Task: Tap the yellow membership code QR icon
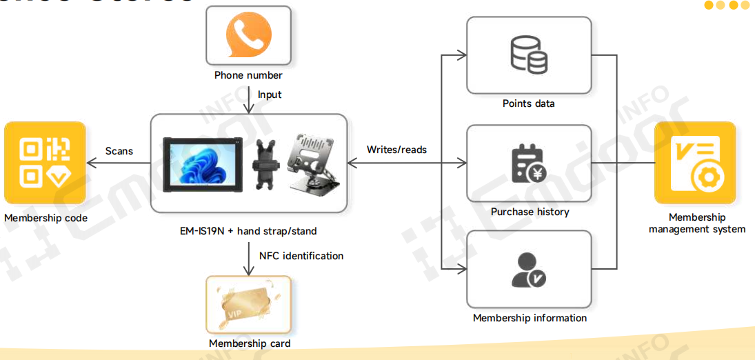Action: tap(45, 163)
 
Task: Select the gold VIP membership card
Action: tap(248, 305)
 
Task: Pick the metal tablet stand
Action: tap(313, 163)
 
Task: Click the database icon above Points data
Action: tap(529, 55)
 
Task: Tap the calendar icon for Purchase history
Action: tap(529, 163)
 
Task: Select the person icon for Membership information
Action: tap(529, 270)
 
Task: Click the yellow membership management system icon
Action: tap(695, 163)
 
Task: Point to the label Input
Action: tap(270, 94)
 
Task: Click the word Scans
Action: tap(119, 150)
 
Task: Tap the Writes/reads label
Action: tap(396, 150)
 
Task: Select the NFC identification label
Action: tap(301, 256)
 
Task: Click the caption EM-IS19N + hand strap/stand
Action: tap(248, 231)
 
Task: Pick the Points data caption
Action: tap(528, 103)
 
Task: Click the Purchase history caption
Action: tap(530, 212)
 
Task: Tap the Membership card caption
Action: tap(250, 343)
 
